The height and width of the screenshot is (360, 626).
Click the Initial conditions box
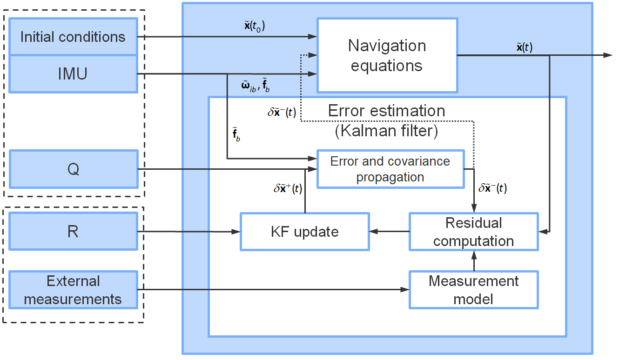(x=73, y=37)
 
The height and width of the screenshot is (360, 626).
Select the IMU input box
(x=73, y=74)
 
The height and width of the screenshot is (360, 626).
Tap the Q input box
(x=73, y=169)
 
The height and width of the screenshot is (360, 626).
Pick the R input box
(x=73, y=231)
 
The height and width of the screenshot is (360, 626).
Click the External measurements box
(x=73, y=290)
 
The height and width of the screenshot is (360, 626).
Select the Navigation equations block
(x=387, y=55)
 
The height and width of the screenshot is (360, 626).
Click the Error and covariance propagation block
(x=390, y=169)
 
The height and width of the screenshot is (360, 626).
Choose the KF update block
(x=304, y=232)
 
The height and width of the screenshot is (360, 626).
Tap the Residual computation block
(x=473, y=232)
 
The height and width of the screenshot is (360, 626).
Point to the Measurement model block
(x=473, y=290)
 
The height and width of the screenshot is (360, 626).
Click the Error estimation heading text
(x=386, y=111)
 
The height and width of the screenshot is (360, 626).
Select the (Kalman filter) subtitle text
(x=386, y=131)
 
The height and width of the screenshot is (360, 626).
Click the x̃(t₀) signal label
(x=254, y=27)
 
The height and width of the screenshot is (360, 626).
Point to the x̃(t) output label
(x=524, y=47)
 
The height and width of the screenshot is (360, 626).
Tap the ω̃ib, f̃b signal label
(x=255, y=87)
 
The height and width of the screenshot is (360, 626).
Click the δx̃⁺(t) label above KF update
(x=287, y=189)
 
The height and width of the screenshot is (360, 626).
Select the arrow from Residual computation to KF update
(x=389, y=232)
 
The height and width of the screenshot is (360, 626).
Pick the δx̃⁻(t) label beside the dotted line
(x=282, y=113)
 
